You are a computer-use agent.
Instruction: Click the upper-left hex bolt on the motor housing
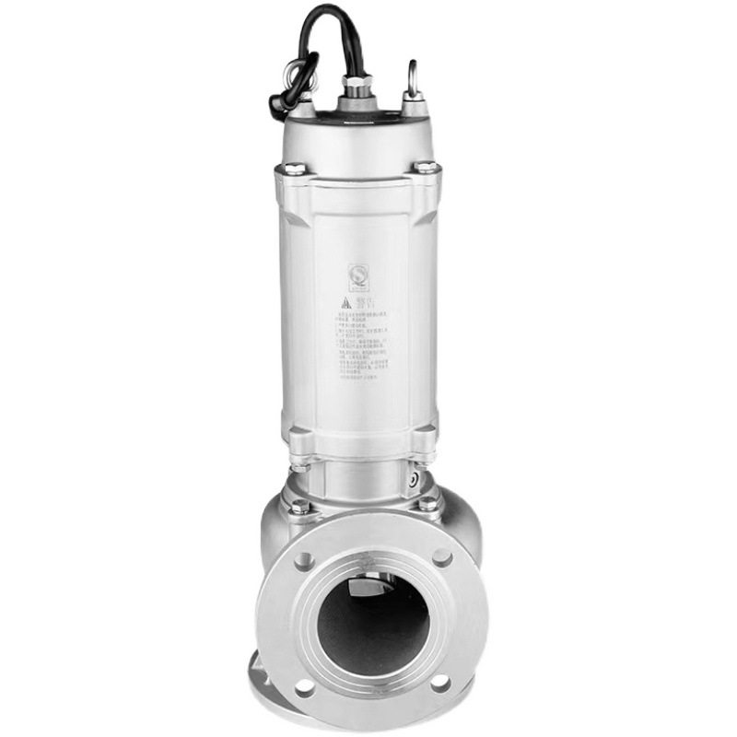[x=294, y=169]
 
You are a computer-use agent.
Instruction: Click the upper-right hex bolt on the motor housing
[x=426, y=167]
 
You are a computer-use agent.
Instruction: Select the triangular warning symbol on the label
[x=343, y=302]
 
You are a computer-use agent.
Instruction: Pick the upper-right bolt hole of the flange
[x=442, y=557]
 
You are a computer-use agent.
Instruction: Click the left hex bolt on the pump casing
[x=298, y=506]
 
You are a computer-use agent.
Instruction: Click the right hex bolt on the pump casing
[x=428, y=502]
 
